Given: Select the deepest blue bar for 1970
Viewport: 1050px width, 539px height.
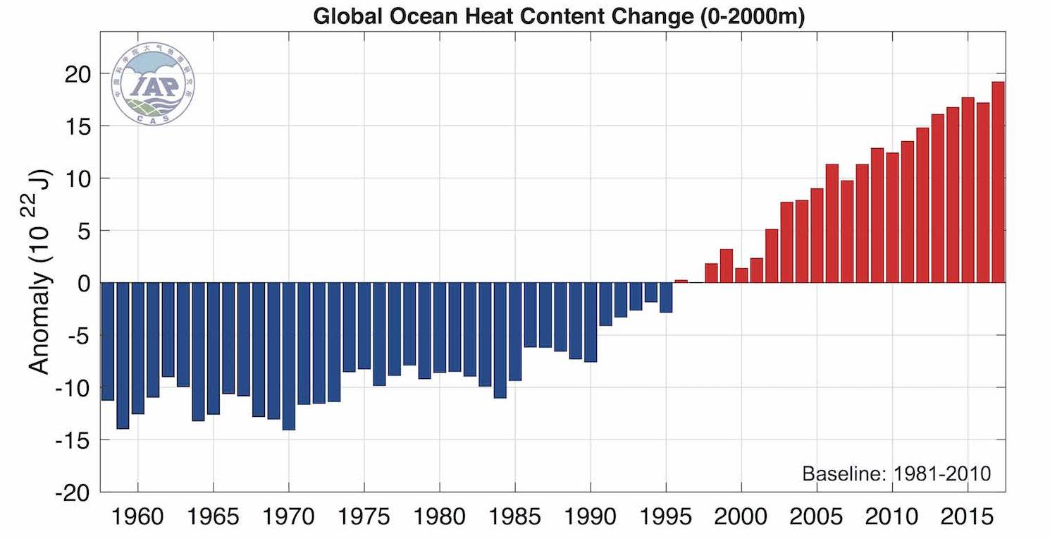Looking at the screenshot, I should tap(289, 356).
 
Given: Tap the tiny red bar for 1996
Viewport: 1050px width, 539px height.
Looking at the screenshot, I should tap(681, 281).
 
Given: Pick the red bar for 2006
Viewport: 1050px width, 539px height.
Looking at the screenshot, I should tap(832, 223).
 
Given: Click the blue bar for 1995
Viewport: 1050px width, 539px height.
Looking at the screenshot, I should tap(666, 297).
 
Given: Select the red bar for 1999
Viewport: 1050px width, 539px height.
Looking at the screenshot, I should tap(727, 265).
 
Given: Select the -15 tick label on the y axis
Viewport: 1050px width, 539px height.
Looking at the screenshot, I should tap(73, 440).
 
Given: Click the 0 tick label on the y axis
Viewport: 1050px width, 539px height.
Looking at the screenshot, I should tap(85, 283).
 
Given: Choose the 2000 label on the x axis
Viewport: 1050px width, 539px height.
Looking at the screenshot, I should tap(741, 516).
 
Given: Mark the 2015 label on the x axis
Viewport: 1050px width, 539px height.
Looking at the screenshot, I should tap(968, 516).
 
